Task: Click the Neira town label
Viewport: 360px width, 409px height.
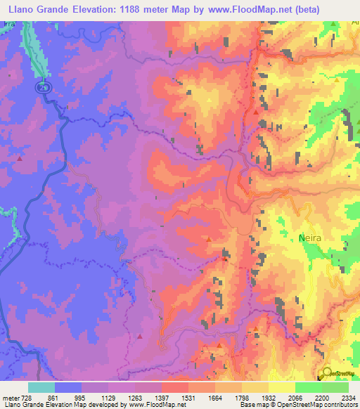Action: (310, 238)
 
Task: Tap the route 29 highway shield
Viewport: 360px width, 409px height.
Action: (43, 86)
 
